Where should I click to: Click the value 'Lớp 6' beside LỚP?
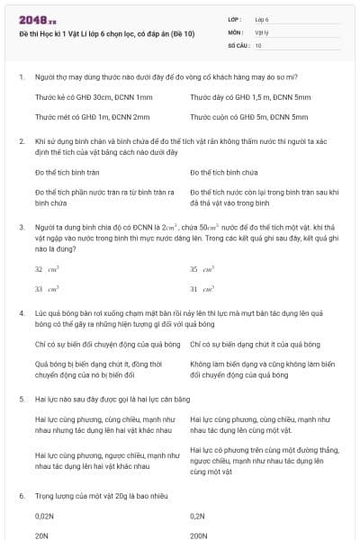[x=263, y=19]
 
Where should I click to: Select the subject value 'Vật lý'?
[x=262, y=31]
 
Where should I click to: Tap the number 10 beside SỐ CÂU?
[x=258, y=44]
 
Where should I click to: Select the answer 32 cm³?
[x=45, y=269]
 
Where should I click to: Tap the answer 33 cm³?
[x=45, y=289]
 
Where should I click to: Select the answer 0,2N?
[x=198, y=516]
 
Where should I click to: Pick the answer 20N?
[x=41, y=535]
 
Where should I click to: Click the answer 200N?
[x=200, y=535]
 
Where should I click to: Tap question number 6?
[x=21, y=495]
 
